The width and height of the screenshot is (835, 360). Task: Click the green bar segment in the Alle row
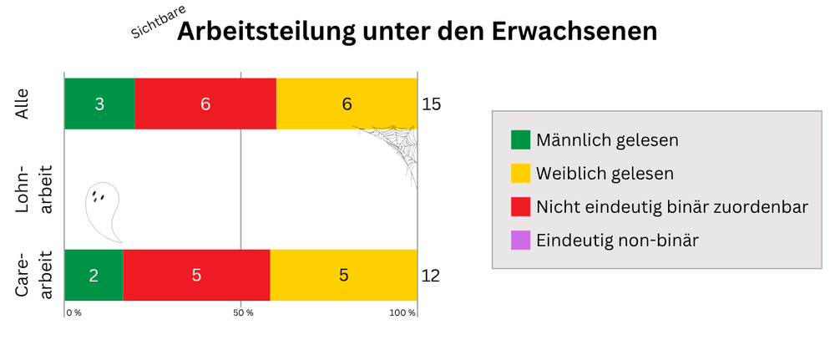point(99,104)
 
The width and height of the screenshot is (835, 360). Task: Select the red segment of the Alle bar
point(205,104)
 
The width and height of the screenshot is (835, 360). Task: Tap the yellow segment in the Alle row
point(347,104)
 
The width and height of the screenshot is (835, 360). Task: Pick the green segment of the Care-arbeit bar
point(94,275)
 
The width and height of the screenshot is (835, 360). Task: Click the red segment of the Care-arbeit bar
point(196,275)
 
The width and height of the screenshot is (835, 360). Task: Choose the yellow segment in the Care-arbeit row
point(343,275)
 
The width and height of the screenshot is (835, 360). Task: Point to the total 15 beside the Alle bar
point(431,105)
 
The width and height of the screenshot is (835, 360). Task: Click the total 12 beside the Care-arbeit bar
point(431,276)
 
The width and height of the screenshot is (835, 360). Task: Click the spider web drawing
point(393,147)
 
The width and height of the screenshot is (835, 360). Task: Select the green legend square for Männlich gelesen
point(520,139)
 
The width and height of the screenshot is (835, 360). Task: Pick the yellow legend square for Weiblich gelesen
point(520,173)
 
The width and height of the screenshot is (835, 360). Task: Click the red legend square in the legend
point(520,206)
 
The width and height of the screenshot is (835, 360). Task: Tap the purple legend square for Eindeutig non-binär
point(520,240)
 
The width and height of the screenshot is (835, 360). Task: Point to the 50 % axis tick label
point(242,313)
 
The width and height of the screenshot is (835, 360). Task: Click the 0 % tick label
point(73,313)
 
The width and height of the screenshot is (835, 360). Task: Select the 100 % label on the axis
point(402,313)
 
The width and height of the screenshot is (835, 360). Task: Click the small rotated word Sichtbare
point(159,22)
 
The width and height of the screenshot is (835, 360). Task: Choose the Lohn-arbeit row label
point(34,190)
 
